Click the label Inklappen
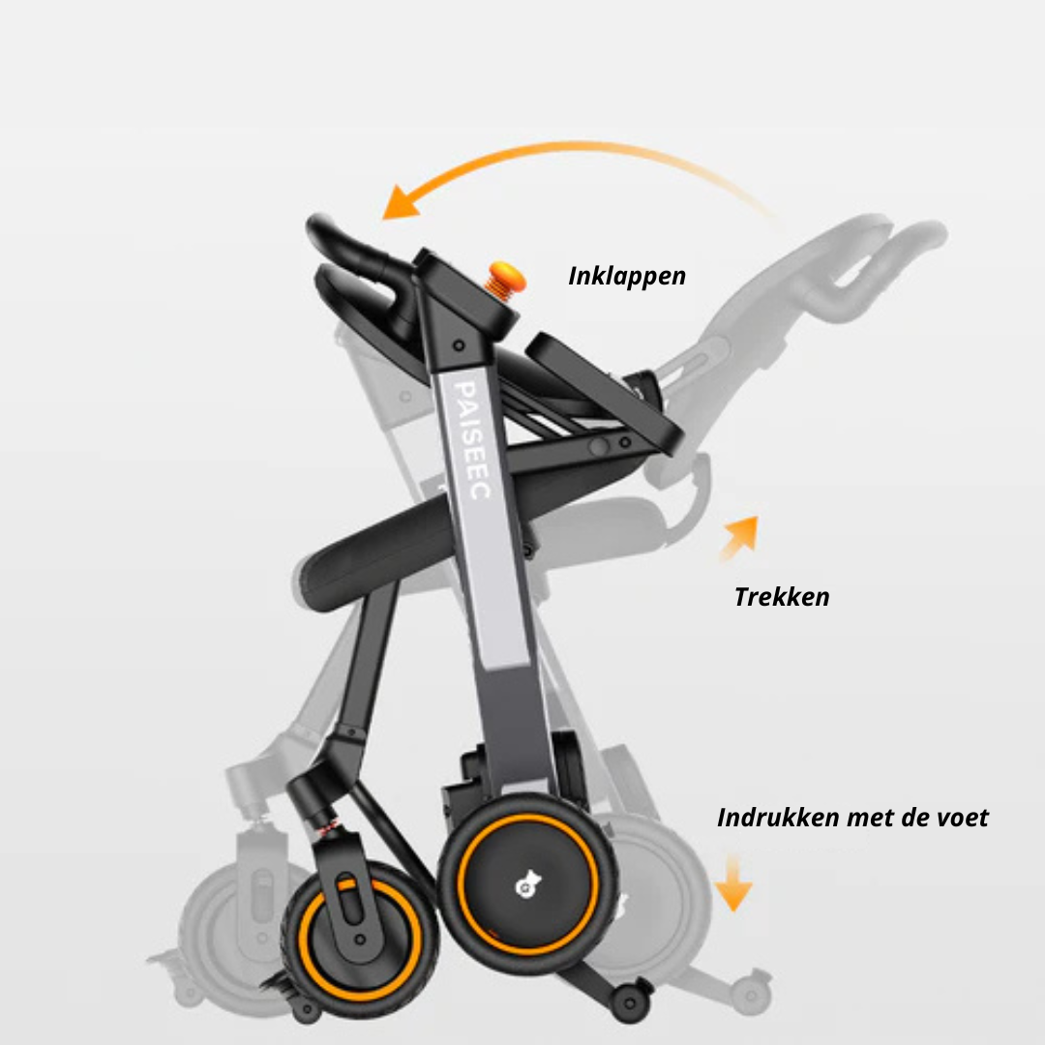tap(627, 275)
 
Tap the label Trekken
tap(781, 596)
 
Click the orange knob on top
tap(504, 278)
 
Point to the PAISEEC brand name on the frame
tap(475, 440)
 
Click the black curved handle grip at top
tap(339, 242)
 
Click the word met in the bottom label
tap(870, 818)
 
